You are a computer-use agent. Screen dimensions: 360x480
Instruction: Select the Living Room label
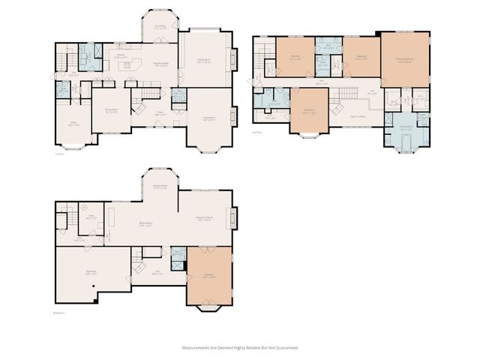click(x=207, y=118)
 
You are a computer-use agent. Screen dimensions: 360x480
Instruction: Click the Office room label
click(x=72, y=124)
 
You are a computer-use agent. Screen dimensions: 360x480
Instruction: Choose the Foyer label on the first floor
click(x=160, y=114)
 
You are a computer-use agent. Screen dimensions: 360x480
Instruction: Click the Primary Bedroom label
click(x=404, y=61)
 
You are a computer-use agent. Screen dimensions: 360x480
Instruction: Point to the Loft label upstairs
click(x=373, y=92)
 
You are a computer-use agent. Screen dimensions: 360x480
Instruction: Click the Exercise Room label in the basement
click(x=159, y=187)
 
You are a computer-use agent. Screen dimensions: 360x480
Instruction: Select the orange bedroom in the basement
click(x=210, y=276)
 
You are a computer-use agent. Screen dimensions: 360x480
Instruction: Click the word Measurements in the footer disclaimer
click(x=196, y=347)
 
